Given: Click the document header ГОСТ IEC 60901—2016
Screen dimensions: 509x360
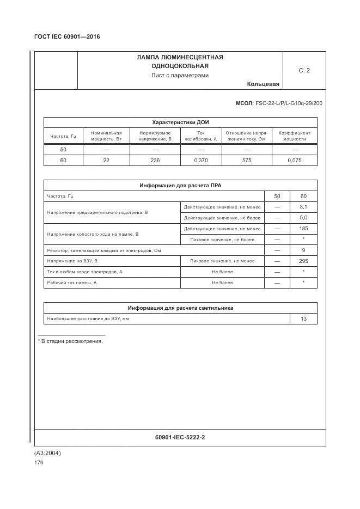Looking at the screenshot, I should coord(67,37).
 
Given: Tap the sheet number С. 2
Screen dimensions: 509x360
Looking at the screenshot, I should coord(304,70).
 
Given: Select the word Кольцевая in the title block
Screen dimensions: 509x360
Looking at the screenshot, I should coord(263,84).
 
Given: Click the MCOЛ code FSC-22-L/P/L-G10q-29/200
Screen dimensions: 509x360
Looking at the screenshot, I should coord(279,103).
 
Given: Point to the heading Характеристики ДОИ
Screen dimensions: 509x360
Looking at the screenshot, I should coord(180,122).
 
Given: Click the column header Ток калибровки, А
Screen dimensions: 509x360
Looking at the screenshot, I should coord(200,136).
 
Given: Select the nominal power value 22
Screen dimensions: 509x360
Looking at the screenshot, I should coord(106,161).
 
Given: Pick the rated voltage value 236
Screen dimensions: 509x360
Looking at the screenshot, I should coord(155,161).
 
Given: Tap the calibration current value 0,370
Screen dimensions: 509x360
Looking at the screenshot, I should coord(201,161).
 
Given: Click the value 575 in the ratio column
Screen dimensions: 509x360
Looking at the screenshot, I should coord(246,161).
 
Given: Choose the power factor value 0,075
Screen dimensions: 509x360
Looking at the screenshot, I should coord(294,161).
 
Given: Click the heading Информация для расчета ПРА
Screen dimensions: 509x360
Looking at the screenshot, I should coord(180,186).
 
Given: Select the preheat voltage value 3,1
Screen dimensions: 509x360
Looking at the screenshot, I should coord(303,207).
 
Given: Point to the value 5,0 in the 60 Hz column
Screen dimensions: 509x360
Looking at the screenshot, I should coord(303,218).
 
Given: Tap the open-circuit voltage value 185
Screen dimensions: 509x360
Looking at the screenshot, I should coord(303,229).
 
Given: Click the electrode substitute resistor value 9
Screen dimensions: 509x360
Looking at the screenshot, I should coord(303,250).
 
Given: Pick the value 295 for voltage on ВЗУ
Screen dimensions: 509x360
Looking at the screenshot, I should coord(303,261).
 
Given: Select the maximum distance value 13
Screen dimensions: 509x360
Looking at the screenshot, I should coord(303,319).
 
